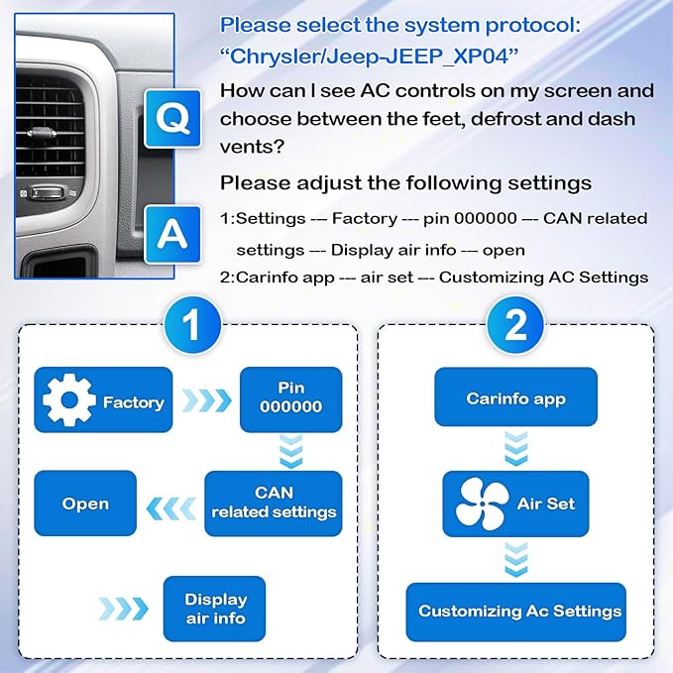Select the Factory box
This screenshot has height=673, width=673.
(103, 399)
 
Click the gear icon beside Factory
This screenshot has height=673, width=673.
(69, 401)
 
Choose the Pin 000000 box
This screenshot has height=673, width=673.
(290, 399)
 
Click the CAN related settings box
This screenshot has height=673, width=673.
(274, 503)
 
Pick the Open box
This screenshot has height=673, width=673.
(85, 503)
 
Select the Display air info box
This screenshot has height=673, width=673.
(215, 608)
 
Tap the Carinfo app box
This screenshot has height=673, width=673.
(515, 399)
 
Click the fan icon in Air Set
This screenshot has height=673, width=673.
(483, 505)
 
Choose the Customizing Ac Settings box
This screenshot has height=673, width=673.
(515, 612)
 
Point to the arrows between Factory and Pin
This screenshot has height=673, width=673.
(206, 400)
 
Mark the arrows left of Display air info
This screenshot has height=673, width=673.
(122, 607)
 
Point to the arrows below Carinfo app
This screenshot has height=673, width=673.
(515, 451)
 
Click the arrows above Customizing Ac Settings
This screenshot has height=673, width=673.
(515, 558)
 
